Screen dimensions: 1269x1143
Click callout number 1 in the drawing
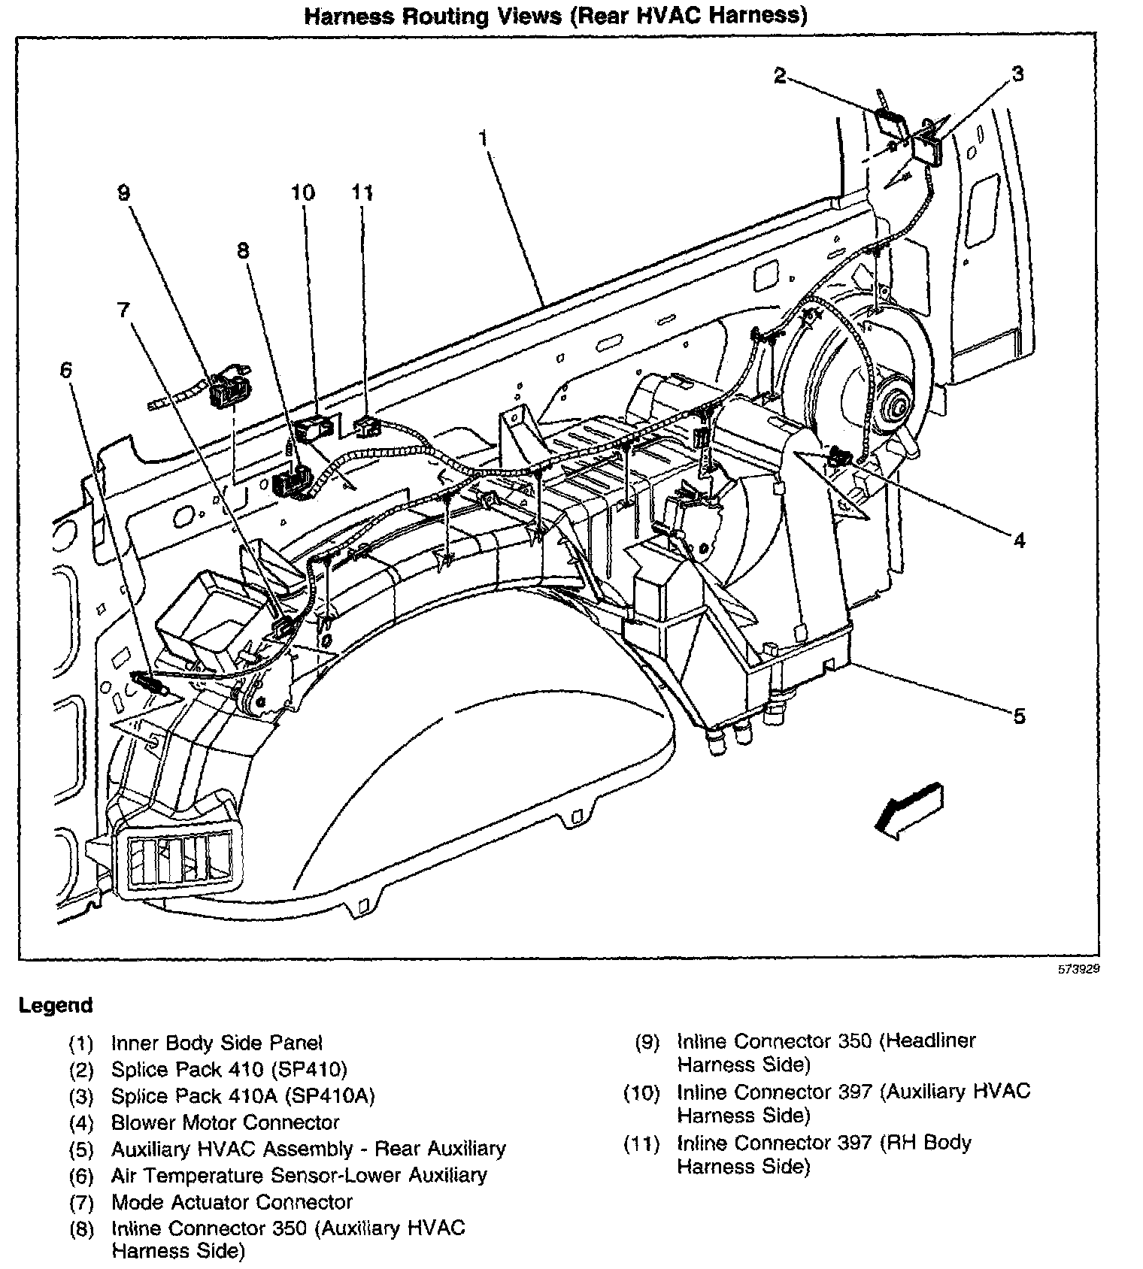click(483, 138)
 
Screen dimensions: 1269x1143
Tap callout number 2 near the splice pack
click(780, 75)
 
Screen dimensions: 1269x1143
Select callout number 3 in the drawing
click(1017, 74)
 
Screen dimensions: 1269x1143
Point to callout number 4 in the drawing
click(1019, 540)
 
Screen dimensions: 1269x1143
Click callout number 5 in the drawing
click(1019, 716)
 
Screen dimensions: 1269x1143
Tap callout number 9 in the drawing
click(123, 193)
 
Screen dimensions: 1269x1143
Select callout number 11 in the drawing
click(362, 192)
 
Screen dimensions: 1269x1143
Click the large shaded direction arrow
click(908, 810)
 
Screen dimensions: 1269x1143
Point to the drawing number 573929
click(1078, 970)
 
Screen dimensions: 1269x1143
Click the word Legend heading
click(56, 1005)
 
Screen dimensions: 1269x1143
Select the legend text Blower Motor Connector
click(225, 1122)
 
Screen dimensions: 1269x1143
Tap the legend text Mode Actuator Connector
click(232, 1202)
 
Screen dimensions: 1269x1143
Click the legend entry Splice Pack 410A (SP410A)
click(242, 1096)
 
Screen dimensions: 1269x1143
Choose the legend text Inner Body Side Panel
click(217, 1043)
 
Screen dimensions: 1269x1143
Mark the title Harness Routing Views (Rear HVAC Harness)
click(555, 17)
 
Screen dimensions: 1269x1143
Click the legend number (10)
click(641, 1092)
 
